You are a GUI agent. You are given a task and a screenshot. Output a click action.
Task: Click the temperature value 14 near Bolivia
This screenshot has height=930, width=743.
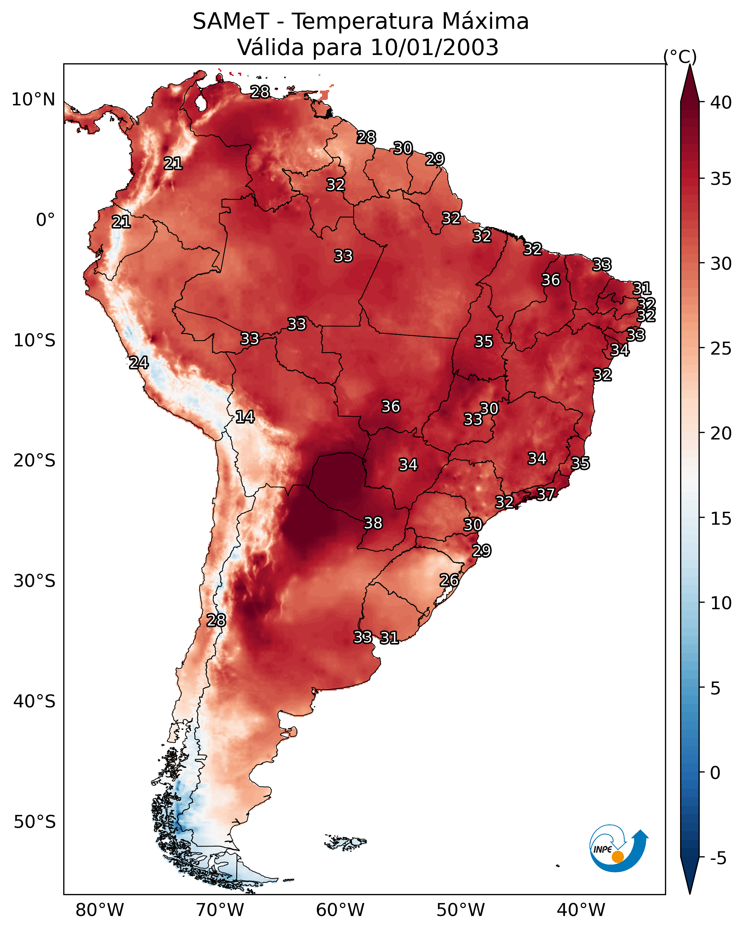(245, 417)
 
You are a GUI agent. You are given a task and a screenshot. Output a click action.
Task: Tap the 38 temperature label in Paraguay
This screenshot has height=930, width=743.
(373, 523)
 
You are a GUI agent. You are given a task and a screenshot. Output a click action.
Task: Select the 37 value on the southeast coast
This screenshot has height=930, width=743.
(546, 494)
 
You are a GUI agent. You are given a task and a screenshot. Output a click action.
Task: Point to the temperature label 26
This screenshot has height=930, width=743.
(449, 580)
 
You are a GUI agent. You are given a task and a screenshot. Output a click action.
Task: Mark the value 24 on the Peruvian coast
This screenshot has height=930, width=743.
(139, 363)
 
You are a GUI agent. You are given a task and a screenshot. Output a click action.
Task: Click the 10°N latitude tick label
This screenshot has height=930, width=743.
(33, 100)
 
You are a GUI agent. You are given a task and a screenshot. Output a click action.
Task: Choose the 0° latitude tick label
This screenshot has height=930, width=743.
(45, 220)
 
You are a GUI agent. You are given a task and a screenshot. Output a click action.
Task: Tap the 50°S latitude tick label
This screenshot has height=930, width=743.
(35, 822)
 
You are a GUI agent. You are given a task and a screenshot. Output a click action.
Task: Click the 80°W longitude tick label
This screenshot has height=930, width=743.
(100, 910)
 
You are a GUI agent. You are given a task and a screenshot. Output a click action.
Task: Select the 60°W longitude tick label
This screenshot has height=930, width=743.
(340, 910)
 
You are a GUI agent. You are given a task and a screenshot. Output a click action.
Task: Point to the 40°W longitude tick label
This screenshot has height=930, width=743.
(581, 910)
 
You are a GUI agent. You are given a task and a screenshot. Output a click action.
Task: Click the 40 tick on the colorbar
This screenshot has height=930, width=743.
(721, 102)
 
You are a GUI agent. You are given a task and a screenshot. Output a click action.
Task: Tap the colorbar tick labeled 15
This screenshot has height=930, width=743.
(721, 519)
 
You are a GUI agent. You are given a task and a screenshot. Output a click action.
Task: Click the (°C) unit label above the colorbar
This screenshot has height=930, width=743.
(680, 56)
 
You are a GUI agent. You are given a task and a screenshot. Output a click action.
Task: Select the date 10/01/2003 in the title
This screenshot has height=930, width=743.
(434, 47)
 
